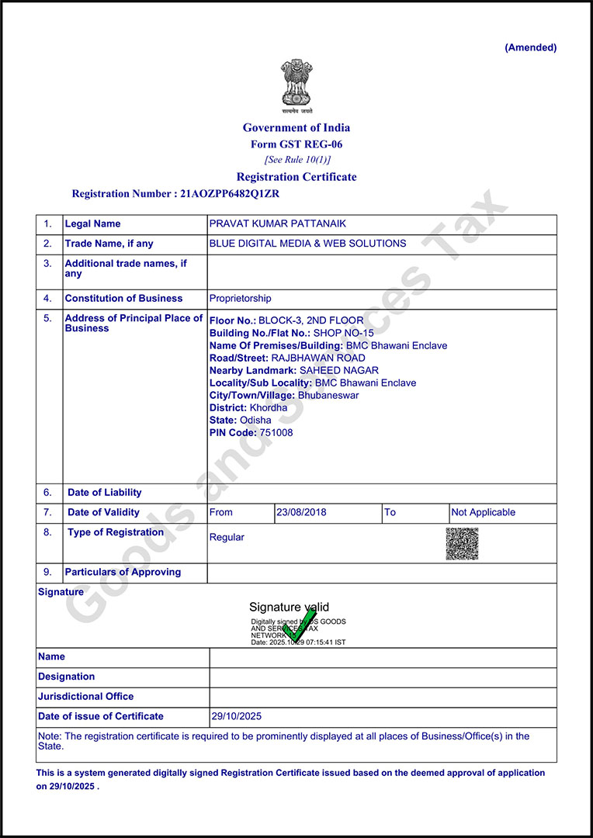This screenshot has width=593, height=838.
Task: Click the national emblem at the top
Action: click(296, 84)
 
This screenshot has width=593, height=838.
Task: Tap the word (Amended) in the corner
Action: click(530, 47)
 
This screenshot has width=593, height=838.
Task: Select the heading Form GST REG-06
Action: click(296, 144)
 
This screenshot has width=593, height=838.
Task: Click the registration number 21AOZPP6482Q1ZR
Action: click(230, 194)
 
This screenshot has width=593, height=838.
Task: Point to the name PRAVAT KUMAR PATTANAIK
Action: click(278, 224)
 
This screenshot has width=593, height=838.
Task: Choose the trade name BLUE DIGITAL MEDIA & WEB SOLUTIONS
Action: click(307, 244)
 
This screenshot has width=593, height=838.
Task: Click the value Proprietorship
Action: click(241, 299)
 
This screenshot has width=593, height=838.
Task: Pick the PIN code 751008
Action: click(276, 433)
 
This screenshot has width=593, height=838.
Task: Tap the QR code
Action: click(462, 544)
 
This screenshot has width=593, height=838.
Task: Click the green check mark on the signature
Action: click(299, 625)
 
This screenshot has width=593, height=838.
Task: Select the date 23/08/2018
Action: click(300, 513)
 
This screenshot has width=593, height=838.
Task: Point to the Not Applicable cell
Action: click(483, 513)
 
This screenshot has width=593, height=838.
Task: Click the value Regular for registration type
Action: click(227, 537)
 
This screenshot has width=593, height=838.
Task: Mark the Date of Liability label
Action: click(105, 493)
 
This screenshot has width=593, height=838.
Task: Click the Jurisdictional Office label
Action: click(86, 697)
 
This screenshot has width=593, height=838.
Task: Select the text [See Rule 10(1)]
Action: click(296, 160)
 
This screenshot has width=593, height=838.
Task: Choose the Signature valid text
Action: click(289, 608)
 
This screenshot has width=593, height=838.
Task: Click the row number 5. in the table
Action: click(48, 318)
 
